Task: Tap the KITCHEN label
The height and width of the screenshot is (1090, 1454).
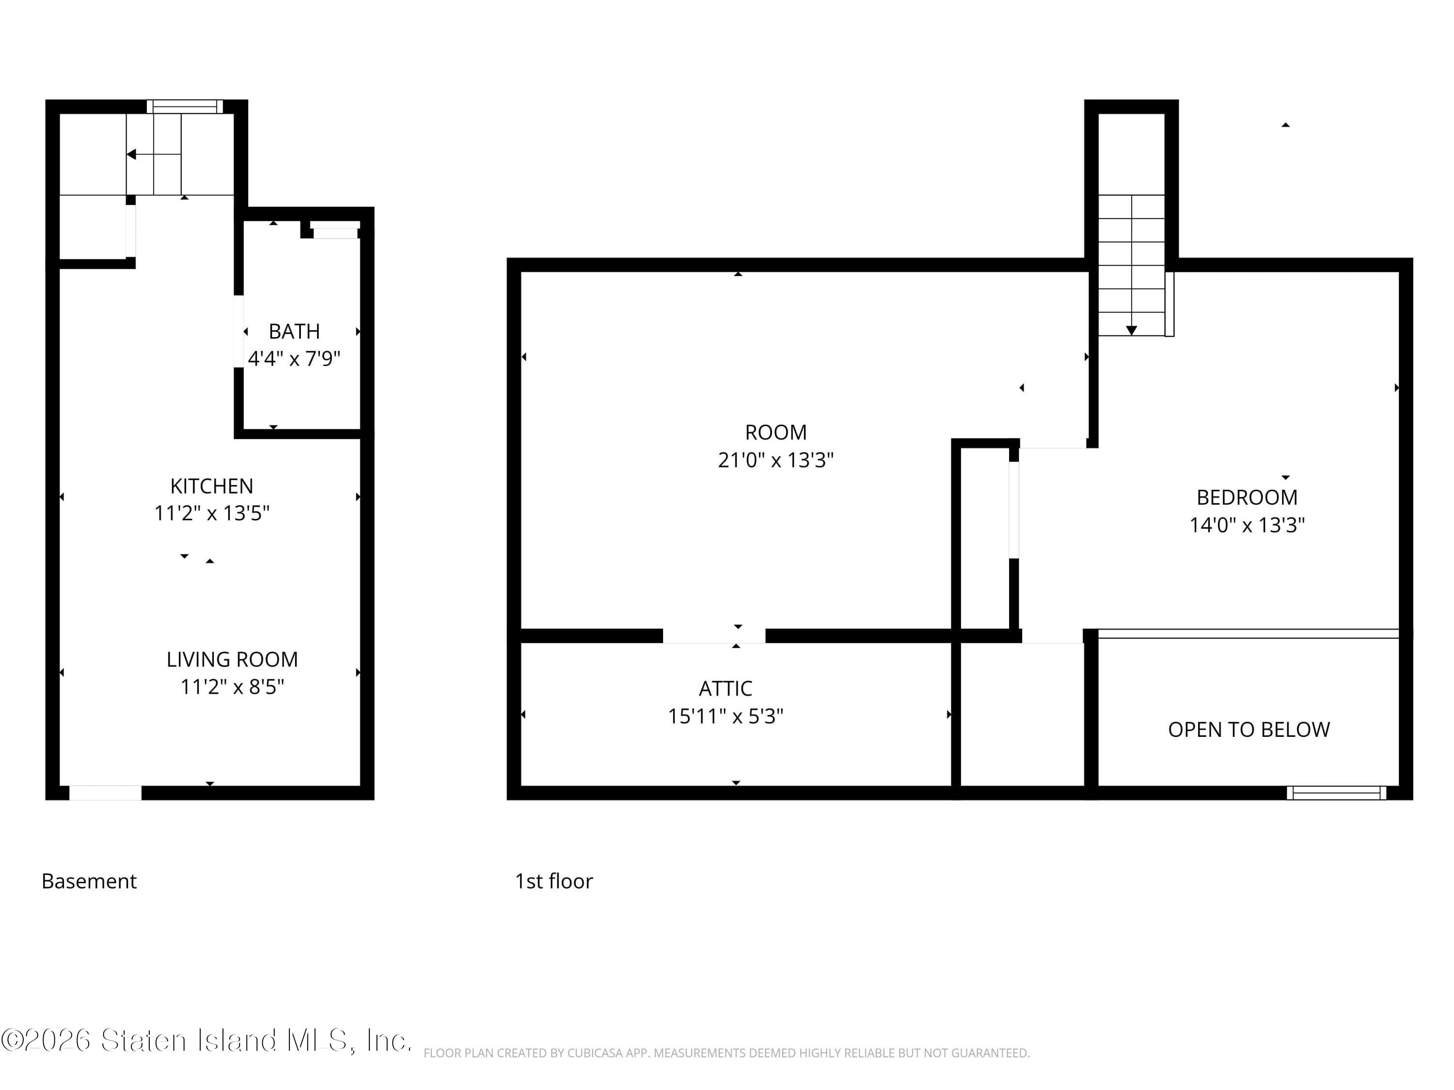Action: pos(212,486)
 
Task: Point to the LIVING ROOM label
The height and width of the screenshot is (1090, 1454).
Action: pos(232,659)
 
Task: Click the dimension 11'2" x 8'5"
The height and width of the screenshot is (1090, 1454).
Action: pos(232,686)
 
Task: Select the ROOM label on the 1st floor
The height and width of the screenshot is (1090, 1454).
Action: pos(775,432)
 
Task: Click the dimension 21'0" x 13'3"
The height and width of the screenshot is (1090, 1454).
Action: pos(775,460)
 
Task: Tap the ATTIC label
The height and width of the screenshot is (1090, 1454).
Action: pos(725,688)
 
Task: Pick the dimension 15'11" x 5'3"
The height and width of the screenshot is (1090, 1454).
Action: pos(725,716)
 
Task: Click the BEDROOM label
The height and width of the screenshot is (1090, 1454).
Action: pos(1247,498)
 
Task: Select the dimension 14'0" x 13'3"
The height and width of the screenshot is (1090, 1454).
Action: pos(1247,525)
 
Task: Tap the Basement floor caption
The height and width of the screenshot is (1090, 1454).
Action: pos(89,881)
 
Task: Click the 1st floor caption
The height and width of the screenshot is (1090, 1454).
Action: pos(553,881)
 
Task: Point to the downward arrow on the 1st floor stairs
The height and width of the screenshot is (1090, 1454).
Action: pos(1131,330)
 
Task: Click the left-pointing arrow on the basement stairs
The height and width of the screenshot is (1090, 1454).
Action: pos(131,155)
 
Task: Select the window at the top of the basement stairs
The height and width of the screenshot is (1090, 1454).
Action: pos(185,107)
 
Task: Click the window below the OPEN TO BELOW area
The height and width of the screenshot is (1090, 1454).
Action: pos(1336,793)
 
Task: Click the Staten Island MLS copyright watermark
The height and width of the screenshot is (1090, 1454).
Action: pos(206,1040)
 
